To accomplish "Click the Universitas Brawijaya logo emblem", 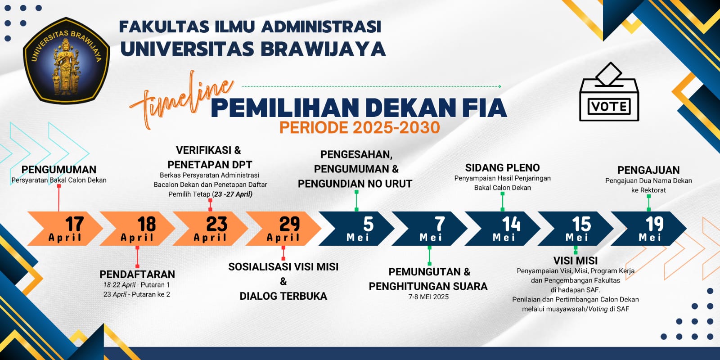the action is [x=67, y=60].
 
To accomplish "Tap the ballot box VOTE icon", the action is [x=609, y=92].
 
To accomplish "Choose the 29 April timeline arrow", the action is [x=283, y=229].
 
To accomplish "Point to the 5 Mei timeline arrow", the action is [x=356, y=229].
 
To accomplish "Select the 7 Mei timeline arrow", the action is [x=429, y=229].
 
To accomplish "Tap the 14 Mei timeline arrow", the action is [x=502, y=229].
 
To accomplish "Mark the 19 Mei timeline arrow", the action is [x=648, y=229].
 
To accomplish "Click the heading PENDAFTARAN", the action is [x=137, y=274].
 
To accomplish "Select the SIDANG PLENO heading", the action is [x=502, y=167].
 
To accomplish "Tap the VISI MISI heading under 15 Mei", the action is [x=576, y=261].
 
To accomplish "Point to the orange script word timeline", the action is [x=182, y=99].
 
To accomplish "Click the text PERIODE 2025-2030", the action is [x=360, y=127].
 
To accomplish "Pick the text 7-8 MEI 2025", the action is [x=428, y=297].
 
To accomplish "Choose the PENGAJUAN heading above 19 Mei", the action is [x=648, y=170].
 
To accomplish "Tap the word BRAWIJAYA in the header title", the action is [x=323, y=49].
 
